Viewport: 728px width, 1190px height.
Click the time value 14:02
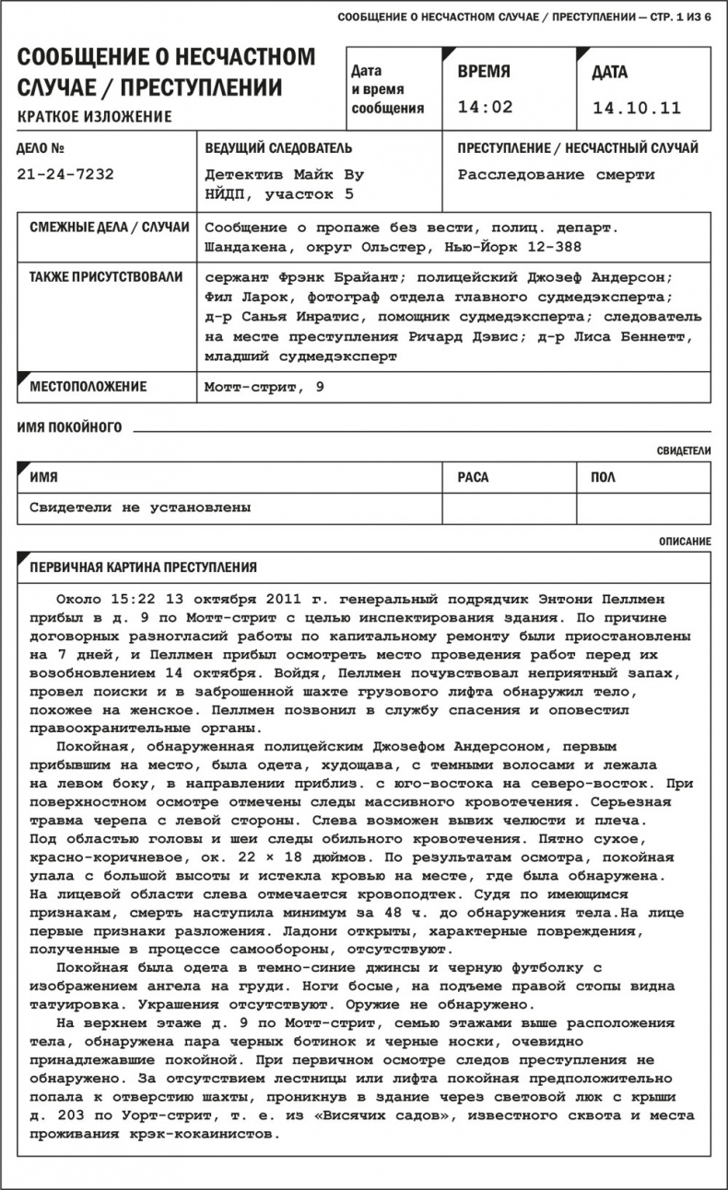[x=485, y=107]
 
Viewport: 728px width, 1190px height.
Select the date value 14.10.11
[x=637, y=108]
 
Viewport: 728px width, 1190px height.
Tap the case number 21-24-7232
[x=65, y=174]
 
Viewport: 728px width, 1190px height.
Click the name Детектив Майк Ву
[x=284, y=174]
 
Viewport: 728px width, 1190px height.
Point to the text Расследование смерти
[x=556, y=174]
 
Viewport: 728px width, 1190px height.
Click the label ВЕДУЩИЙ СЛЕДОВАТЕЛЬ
[x=277, y=148]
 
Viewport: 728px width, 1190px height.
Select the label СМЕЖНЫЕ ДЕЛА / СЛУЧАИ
[x=109, y=227]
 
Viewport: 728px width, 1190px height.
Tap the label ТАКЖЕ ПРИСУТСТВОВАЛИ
[x=105, y=276]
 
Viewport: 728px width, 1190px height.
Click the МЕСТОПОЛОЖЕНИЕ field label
[x=88, y=387]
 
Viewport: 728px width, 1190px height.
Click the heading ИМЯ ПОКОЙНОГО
[x=69, y=427]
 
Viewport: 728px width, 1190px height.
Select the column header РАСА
[x=473, y=477]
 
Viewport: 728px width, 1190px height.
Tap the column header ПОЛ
[x=603, y=477]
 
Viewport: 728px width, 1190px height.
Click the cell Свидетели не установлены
[x=140, y=507]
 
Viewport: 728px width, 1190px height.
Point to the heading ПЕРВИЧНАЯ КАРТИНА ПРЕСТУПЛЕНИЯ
[x=143, y=566]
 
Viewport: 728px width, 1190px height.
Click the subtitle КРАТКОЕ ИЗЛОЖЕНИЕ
[x=94, y=116]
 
